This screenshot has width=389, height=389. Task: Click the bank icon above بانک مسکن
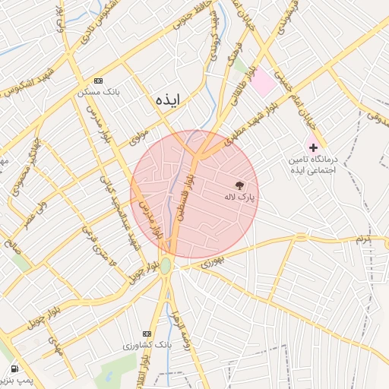[x=98, y=81]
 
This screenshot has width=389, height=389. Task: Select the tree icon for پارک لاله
[x=239, y=185]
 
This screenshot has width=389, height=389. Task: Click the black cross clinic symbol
[x=313, y=147]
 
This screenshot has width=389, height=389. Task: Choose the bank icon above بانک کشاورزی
[x=147, y=334]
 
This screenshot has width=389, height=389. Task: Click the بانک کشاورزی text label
[x=148, y=345]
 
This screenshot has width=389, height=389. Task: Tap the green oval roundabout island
[x=166, y=266]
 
